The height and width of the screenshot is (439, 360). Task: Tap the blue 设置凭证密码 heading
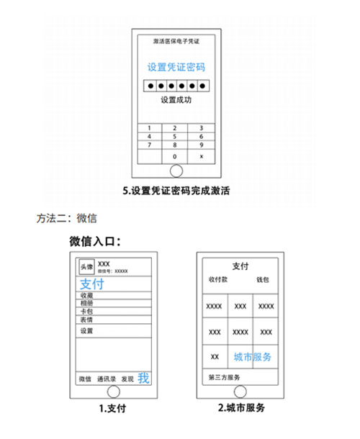(176, 67)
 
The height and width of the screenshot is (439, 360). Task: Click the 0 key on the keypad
(174, 156)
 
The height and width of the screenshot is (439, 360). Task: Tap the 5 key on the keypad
(174, 136)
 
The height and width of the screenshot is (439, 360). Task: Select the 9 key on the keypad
(201, 145)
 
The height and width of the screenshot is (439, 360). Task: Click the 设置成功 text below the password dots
(176, 99)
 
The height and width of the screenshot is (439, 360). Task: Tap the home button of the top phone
(176, 171)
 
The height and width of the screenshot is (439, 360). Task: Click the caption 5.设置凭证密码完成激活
(176, 191)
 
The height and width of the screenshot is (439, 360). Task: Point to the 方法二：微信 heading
(67, 218)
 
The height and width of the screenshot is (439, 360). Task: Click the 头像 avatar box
(86, 266)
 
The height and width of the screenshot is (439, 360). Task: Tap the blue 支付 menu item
(92, 284)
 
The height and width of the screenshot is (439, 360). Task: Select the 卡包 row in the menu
(86, 312)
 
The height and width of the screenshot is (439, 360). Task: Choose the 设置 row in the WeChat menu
(86, 330)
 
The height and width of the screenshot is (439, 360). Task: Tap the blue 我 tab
(143, 378)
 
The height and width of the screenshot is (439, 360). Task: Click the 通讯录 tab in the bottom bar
(107, 379)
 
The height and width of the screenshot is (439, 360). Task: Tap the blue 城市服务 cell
(253, 357)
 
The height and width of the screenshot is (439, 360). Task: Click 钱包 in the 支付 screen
(263, 279)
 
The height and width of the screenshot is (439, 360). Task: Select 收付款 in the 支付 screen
(218, 279)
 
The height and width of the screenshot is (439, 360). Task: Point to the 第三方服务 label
(224, 377)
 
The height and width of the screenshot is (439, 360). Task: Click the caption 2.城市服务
(241, 407)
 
